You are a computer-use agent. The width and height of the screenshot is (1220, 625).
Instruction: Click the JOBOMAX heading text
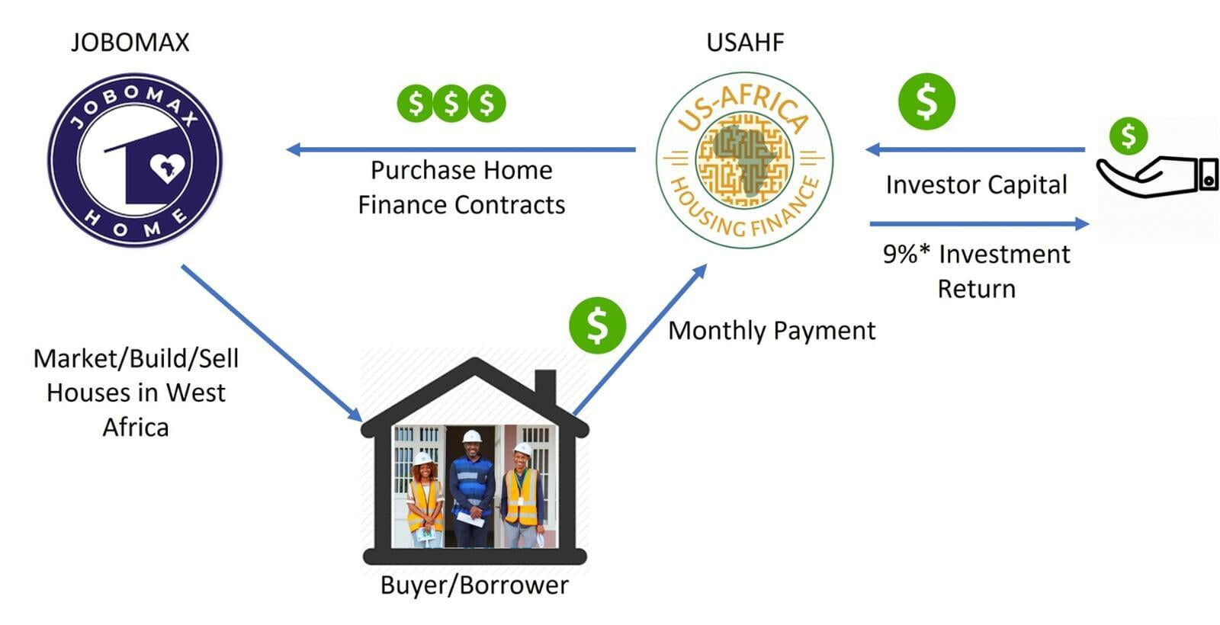(130, 43)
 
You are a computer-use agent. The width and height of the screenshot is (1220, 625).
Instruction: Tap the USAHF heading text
(745, 43)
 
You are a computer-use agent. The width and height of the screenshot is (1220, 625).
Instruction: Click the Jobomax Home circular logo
(135, 160)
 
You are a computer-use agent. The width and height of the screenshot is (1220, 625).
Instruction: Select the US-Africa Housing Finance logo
(744, 161)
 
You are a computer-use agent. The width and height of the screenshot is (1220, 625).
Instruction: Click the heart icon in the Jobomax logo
(168, 168)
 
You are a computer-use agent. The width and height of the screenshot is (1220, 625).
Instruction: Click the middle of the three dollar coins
(451, 103)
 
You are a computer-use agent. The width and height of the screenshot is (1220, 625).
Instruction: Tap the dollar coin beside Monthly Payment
(598, 325)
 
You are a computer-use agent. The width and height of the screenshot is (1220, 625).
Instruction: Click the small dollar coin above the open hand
(1128, 136)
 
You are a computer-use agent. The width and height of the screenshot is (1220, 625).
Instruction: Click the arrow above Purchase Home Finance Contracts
(461, 149)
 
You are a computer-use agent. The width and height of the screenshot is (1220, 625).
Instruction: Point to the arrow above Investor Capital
(975, 149)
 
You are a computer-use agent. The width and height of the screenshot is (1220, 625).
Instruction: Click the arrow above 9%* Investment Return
(979, 223)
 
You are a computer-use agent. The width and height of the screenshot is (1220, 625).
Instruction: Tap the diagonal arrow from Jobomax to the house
(271, 344)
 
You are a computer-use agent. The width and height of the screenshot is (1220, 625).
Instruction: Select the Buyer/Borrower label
(474, 586)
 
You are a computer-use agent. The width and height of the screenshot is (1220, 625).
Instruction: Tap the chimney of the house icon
(545, 388)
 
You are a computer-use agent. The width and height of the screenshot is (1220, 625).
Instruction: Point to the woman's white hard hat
(422, 458)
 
